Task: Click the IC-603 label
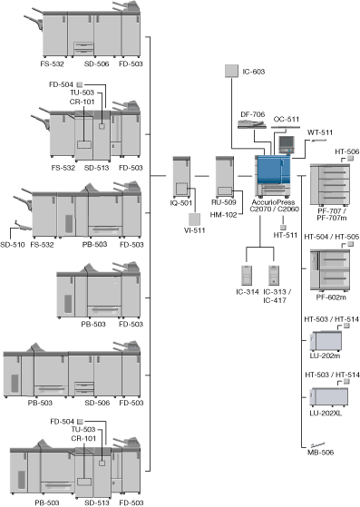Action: [x=254, y=72]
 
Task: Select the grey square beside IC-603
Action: [x=231, y=71]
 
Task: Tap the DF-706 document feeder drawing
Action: [x=252, y=124]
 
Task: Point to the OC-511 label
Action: [x=287, y=119]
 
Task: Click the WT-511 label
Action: [x=319, y=132]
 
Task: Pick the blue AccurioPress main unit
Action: [x=273, y=176]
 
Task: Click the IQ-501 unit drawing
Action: [x=181, y=178]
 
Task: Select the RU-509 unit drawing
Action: [x=225, y=177]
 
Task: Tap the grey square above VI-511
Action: [x=195, y=219]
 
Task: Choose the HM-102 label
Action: [x=223, y=215]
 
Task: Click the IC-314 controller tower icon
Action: [x=247, y=275]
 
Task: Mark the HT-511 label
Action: [x=285, y=235]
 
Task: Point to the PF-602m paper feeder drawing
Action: [x=330, y=270]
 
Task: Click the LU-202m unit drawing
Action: [x=326, y=341]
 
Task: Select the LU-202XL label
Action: [x=326, y=414]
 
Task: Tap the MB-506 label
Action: [x=320, y=453]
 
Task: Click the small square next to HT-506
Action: [x=350, y=159]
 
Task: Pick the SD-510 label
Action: [x=13, y=245]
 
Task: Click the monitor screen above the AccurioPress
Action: [x=287, y=142]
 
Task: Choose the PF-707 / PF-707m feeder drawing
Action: [x=330, y=185]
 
